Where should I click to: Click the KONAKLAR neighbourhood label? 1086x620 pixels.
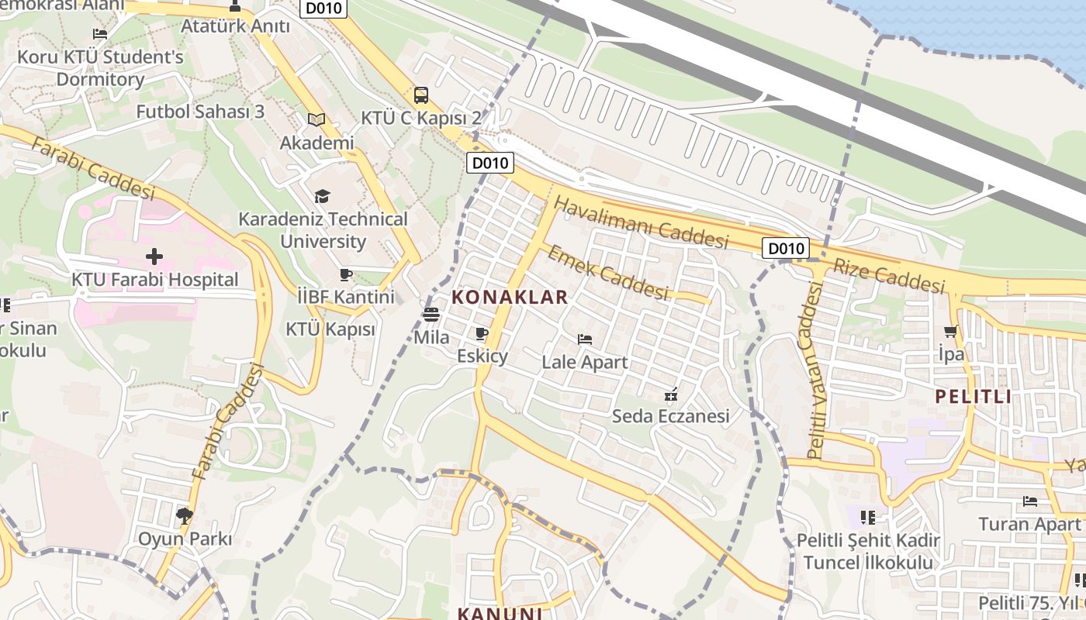pos(510,297)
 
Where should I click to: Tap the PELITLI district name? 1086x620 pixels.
pos(973,397)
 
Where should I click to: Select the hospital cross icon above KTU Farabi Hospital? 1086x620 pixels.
pos(154,256)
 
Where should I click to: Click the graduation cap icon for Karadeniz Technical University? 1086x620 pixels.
pos(322,197)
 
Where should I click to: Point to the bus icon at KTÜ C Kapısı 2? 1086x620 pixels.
pos(420,95)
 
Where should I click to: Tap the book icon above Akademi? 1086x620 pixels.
pos(316,119)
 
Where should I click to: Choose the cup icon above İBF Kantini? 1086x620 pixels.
pos(346,274)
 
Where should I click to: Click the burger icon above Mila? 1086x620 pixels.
pos(431,315)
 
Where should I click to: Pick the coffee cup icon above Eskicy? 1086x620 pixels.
pos(481,334)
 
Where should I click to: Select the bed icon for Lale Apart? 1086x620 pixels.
pos(585,339)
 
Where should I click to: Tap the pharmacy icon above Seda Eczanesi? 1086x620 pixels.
pos(671,394)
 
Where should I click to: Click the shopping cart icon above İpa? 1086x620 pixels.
pos(951,332)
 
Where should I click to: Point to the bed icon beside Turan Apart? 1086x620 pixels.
pos(1030,501)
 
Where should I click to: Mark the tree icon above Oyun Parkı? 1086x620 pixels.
pos(185,515)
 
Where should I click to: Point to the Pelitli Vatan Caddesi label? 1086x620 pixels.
pos(815,370)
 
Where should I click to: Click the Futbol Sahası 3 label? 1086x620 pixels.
pos(200,111)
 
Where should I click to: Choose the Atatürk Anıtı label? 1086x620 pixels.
pos(235,26)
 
